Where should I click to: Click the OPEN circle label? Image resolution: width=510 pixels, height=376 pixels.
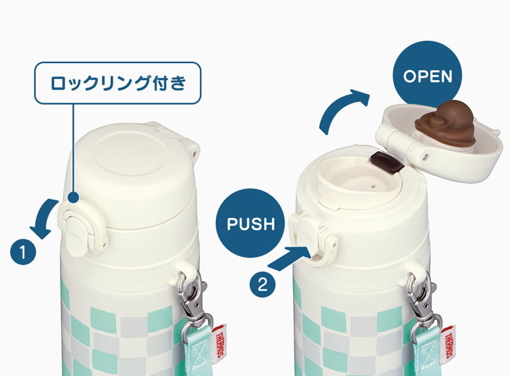[x=428, y=76]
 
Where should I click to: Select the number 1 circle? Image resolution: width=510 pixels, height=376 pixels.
[x=22, y=252]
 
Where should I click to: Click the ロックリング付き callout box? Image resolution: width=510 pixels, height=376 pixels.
[x=118, y=82]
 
